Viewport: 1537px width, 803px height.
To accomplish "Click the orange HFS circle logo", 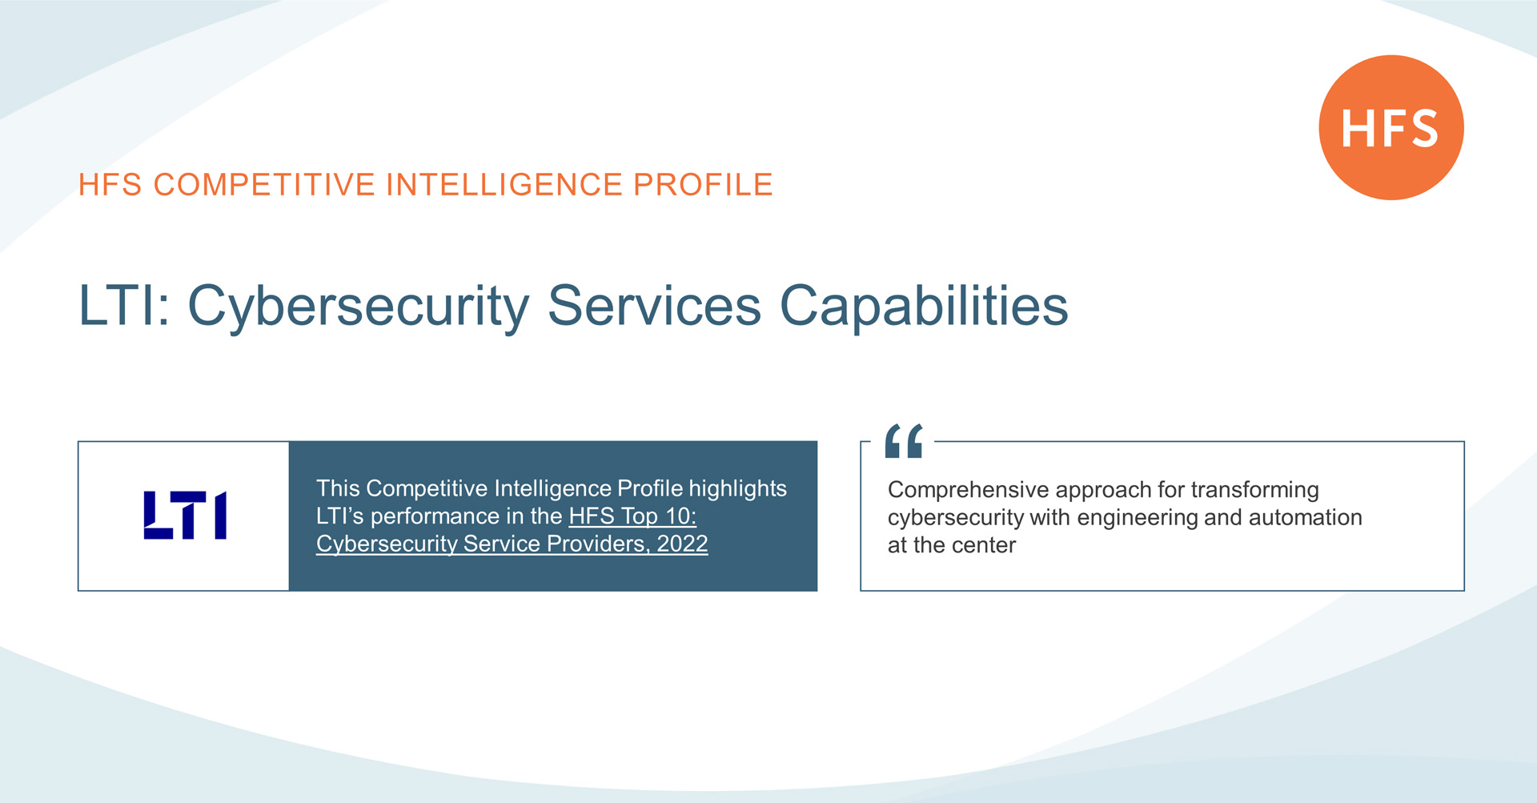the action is tap(1391, 127).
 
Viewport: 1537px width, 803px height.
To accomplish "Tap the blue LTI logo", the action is tap(185, 515).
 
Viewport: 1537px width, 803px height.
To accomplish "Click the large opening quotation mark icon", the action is tap(904, 440).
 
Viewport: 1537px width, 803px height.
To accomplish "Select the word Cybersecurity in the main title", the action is tap(358, 307).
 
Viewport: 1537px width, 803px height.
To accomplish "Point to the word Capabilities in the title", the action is tap(924, 307).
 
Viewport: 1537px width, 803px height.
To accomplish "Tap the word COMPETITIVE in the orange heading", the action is tap(264, 185).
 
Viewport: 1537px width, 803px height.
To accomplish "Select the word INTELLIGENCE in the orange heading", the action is tap(504, 185).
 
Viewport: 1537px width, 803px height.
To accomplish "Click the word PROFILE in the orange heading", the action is tap(703, 185).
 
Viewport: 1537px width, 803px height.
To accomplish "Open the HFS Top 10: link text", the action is tap(632, 516).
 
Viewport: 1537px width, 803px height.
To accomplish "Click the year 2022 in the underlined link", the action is tap(682, 544).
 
